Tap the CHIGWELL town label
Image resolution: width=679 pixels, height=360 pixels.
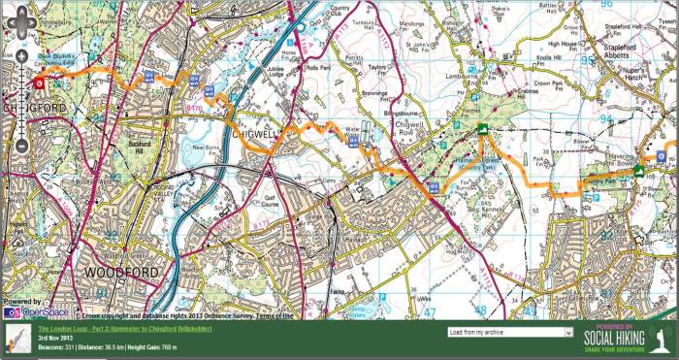coord(257,136)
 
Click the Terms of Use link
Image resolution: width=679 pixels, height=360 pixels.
coord(272,315)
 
